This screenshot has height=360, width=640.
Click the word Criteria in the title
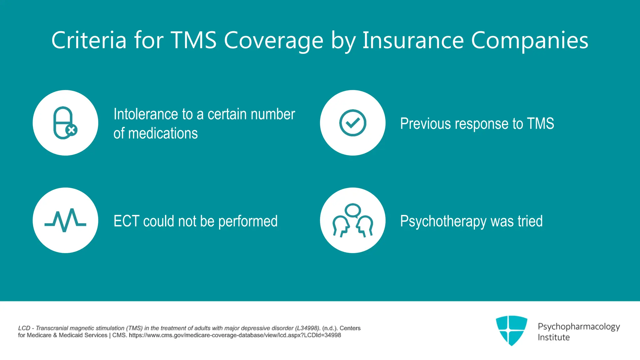(89, 40)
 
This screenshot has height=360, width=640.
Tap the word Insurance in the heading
(413, 40)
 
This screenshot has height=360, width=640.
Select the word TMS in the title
(193, 40)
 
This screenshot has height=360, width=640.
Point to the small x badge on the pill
(72, 130)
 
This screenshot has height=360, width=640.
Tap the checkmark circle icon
(352, 123)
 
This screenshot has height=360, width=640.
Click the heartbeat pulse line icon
(65, 220)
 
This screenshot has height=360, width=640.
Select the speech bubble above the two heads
(353, 210)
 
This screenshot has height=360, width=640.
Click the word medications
(163, 133)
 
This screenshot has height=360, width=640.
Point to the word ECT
(126, 221)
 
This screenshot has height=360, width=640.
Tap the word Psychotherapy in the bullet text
(443, 221)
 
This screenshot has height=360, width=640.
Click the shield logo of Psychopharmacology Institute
(512, 330)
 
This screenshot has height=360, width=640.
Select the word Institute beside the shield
(553, 337)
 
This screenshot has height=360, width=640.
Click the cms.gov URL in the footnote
(235, 335)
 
